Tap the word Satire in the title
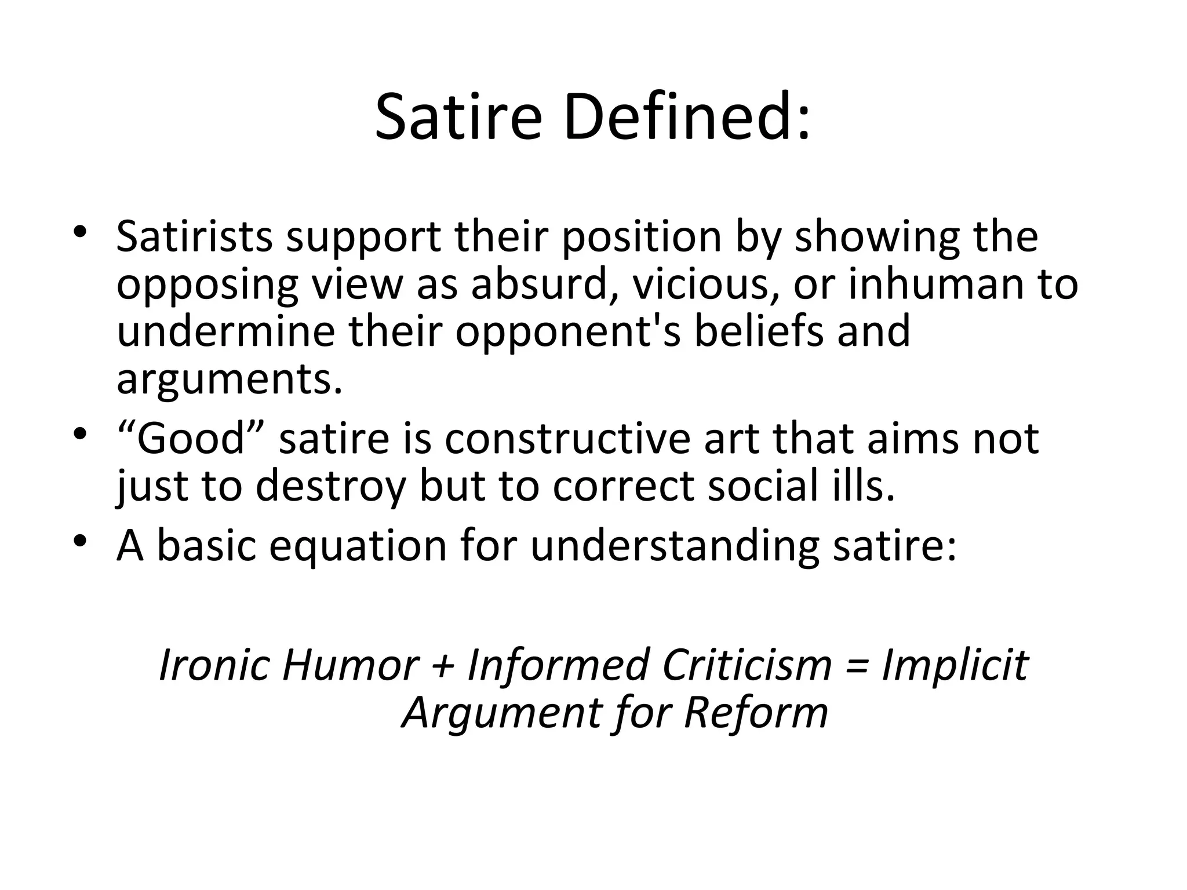coord(458,119)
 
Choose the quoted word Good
coord(191,439)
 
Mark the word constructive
coord(567,439)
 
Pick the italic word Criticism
coord(747,664)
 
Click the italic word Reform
coord(756,712)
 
